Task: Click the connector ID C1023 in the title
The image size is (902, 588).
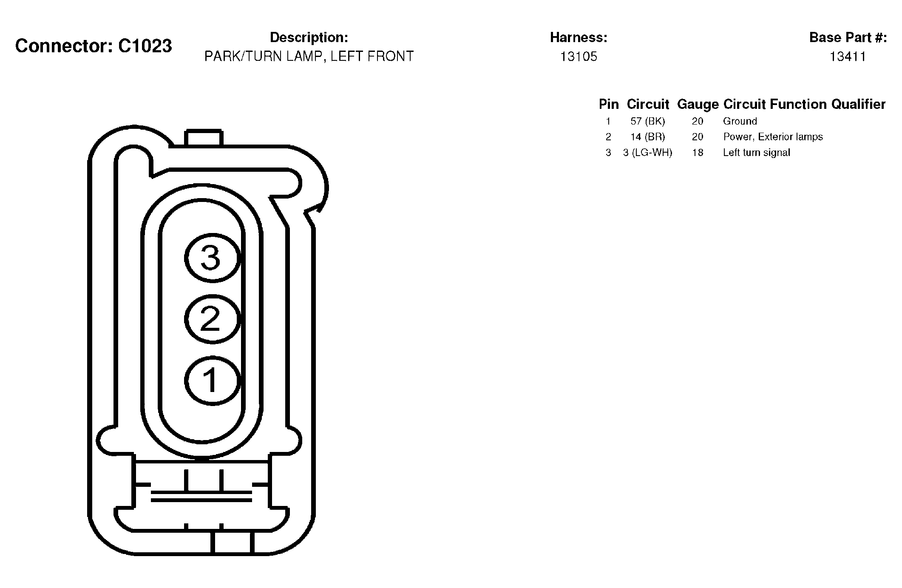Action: point(145,46)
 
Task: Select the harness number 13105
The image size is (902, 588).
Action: point(579,57)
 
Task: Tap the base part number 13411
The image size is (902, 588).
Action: point(848,57)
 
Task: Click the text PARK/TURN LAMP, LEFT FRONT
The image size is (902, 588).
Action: point(309,57)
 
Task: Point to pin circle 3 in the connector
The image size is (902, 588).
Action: point(212,258)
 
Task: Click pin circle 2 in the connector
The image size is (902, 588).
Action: point(212,319)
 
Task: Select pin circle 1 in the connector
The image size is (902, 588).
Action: point(212,380)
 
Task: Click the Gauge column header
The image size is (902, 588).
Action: point(698,105)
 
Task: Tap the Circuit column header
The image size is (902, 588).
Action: point(648,104)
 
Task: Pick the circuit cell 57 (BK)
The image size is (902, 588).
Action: point(648,122)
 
